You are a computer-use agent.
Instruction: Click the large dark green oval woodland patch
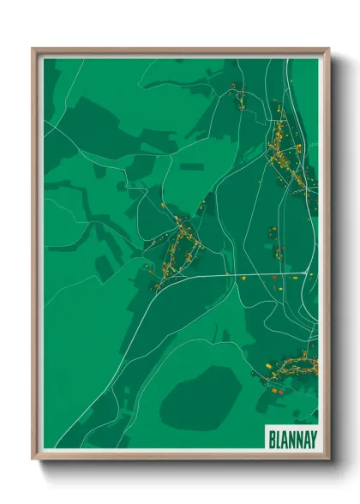click(x=200, y=395)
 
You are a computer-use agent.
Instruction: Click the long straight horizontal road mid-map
click(x=231, y=276)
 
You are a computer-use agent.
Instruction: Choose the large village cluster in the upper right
click(x=287, y=154)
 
